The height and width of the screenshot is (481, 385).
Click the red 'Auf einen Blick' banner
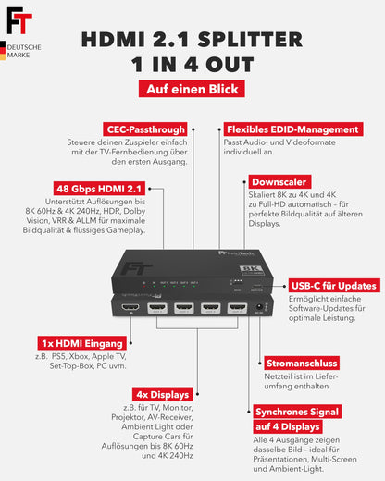[192, 89]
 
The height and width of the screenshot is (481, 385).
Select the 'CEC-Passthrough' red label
[147, 130]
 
